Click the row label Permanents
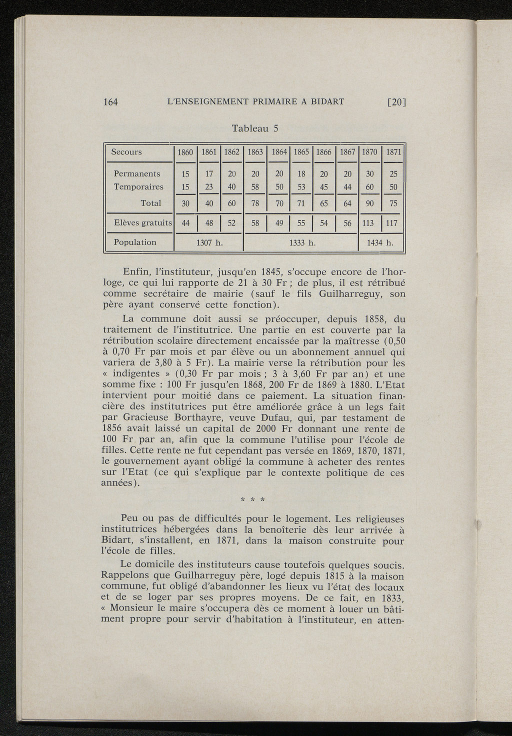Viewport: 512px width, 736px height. pos(137,174)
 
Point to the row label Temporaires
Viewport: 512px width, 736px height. pos(138,187)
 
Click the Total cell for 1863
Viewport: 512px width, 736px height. pos(255,203)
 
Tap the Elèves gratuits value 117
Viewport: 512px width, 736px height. pos(393,223)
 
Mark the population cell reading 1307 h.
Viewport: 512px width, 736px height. pos(209,243)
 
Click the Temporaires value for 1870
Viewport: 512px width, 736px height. pos(370,187)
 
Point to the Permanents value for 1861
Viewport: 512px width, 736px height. pos(209,174)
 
